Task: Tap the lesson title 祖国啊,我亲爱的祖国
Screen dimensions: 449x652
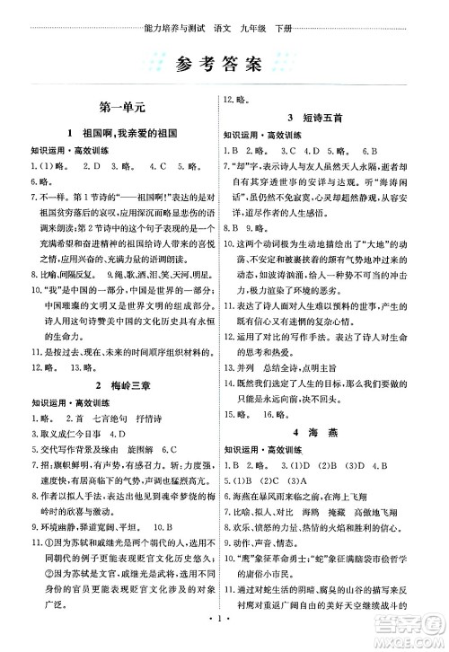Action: click(124, 133)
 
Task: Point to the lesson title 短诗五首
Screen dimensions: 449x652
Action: click(329, 118)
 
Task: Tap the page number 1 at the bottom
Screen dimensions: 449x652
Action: click(224, 618)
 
